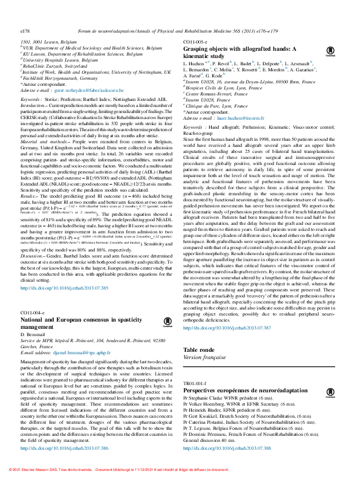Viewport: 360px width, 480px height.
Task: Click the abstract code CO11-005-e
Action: tap(197, 41)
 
